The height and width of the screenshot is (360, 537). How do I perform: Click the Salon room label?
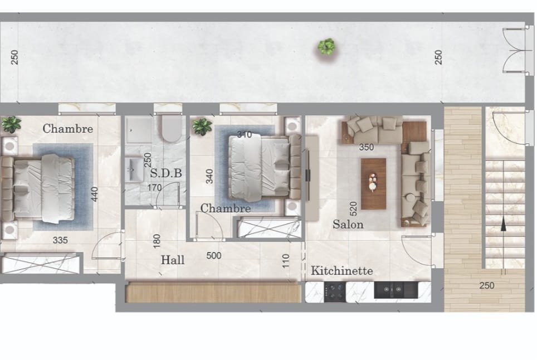click(348, 225)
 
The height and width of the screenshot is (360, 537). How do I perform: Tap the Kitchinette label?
click(342, 271)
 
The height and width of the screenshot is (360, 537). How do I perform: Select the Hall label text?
click(173, 260)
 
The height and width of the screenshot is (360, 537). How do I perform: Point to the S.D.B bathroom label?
click(166, 173)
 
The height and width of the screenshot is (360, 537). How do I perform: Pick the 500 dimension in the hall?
click(214, 256)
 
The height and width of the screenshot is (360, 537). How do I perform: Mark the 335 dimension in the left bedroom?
click(60, 240)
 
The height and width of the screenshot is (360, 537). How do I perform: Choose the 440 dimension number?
click(95, 194)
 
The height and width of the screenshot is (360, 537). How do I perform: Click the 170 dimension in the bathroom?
click(154, 188)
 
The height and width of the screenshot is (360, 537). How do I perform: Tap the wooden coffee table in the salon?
click(373, 183)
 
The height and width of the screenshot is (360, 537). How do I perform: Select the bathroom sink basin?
click(134, 169)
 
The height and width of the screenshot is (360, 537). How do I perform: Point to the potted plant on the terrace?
click(326, 47)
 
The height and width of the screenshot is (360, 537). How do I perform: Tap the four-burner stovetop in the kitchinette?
click(335, 292)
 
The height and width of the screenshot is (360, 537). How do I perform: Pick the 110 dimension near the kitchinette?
click(286, 261)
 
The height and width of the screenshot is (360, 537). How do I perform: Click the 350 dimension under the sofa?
click(366, 147)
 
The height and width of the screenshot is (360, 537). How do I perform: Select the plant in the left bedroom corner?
click(11, 124)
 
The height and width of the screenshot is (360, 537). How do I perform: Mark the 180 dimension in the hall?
click(157, 241)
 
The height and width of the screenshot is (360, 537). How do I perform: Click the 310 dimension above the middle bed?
click(244, 135)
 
